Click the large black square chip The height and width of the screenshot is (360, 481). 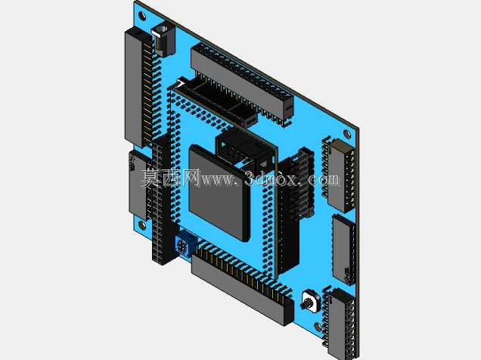click(x=219, y=193)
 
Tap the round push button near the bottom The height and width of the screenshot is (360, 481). click(x=309, y=302)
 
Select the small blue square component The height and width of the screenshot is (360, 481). click(x=185, y=244)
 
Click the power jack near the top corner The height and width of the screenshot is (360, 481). click(x=163, y=39)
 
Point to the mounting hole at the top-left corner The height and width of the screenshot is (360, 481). click(x=142, y=15)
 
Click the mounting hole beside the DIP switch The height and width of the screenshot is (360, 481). click(x=347, y=134)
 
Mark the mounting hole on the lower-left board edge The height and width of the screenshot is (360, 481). click(x=141, y=225)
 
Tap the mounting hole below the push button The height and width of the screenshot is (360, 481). click(x=318, y=327)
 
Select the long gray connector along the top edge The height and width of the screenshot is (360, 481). click(x=242, y=83)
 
